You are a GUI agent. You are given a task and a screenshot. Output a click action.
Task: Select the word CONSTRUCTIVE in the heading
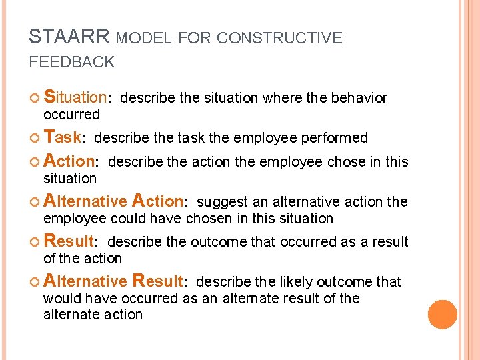pos(279,38)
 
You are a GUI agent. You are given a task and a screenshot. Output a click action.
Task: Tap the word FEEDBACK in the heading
pos(71,63)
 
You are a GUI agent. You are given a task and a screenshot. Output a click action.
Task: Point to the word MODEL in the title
pos(143,38)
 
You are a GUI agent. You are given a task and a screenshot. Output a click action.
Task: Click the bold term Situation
pos(75,97)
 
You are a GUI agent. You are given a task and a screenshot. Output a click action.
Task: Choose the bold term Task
pos(62,137)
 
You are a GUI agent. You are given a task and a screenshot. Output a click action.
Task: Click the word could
pos(126,219)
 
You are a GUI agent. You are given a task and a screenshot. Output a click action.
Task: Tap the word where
pos(283,98)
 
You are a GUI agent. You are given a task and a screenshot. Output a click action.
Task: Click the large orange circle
pos(443,315)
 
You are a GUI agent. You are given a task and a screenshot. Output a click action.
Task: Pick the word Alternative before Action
pos(85,201)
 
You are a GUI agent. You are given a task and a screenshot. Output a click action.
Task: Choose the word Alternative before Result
pos(85,281)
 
